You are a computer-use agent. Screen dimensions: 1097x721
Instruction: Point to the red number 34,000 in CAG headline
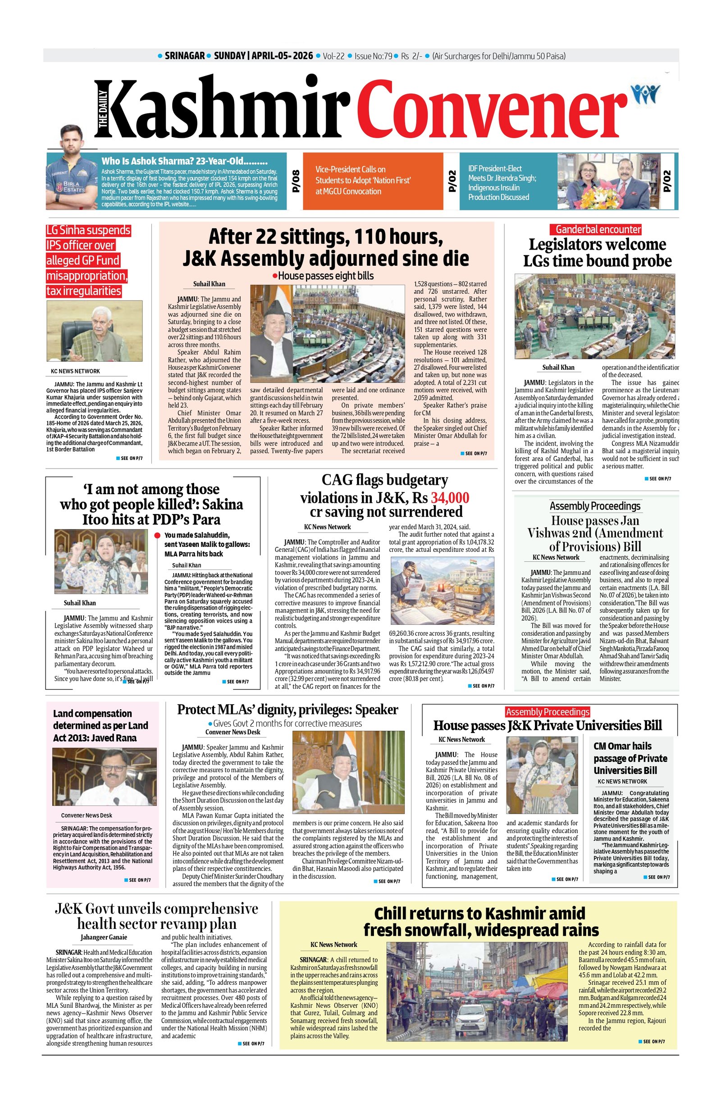point(450,498)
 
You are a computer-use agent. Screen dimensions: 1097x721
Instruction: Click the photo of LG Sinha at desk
point(95,331)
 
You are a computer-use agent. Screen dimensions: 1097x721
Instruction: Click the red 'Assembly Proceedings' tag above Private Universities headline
point(548,712)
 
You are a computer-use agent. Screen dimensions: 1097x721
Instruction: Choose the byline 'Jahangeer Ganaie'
point(104,937)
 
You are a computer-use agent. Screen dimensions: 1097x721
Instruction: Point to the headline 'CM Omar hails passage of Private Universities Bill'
point(630,758)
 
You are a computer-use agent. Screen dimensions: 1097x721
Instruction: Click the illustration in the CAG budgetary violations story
point(442,591)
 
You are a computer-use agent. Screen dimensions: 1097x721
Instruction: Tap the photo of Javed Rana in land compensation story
point(98,776)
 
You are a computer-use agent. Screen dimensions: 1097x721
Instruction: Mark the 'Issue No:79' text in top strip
point(374,56)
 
